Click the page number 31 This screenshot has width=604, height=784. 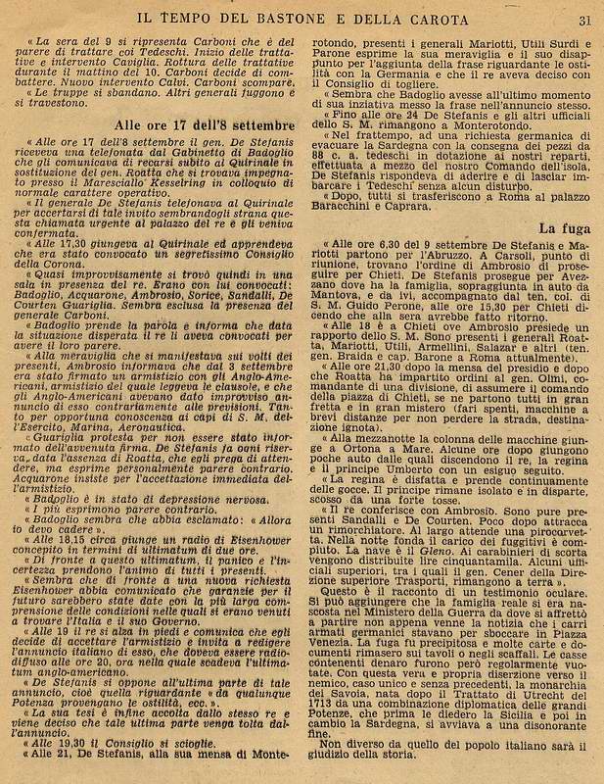click(x=584, y=19)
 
